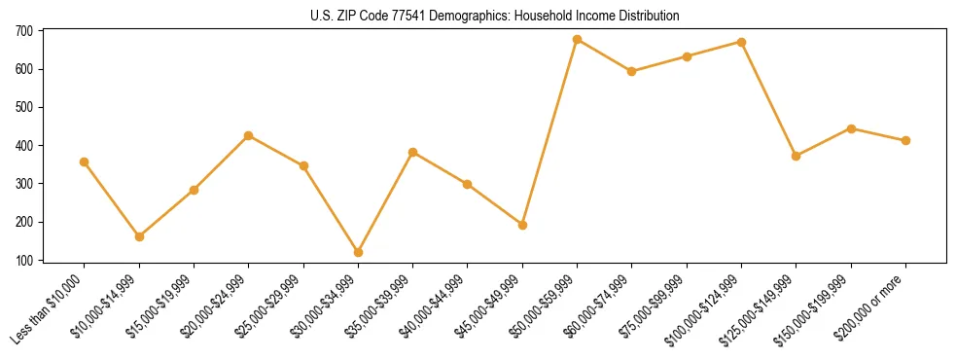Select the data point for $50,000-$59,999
click(x=578, y=40)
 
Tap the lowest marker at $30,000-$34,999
click(x=359, y=252)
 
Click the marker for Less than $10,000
click(x=85, y=162)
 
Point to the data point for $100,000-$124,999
click(x=742, y=42)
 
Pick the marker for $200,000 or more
click(x=906, y=140)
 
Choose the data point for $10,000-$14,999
click(x=139, y=236)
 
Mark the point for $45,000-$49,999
click(x=523, y=225)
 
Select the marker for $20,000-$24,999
click(x=249, y=135)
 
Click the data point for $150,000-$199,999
click(x=851, y=128)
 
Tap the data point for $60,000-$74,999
click(x=632, y=71)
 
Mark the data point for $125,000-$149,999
click(x=797, y=156)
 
